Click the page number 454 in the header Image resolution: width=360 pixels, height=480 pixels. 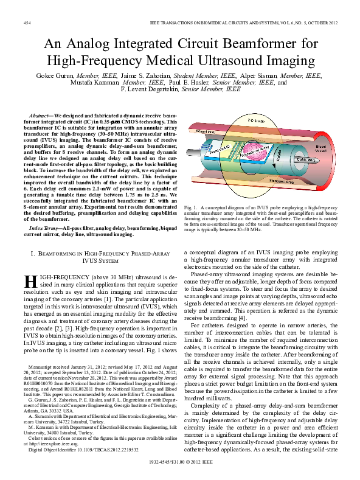pos(27,23)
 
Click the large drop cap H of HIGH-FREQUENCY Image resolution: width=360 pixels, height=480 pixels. pos(30,280)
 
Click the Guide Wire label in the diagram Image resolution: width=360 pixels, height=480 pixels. pos(319,160)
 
